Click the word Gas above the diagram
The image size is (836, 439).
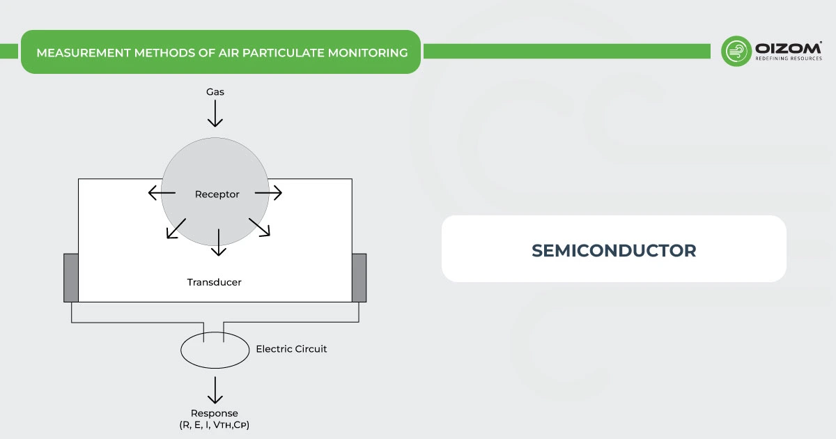pos(215,92)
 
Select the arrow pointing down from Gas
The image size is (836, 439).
pos(215,114)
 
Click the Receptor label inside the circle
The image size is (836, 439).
pos(217,194)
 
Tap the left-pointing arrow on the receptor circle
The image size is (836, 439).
pos(162,193)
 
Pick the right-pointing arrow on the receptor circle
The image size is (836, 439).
pos(269,193)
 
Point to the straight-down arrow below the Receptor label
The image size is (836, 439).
pos(219,242)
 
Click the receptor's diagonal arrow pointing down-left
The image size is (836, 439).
pos(176,229)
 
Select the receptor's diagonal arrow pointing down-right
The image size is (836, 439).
pos(259,227)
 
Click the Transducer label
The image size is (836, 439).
pos(214,282)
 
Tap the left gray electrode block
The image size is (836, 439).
pos(70,277)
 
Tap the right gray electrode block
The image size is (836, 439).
pos(359,277)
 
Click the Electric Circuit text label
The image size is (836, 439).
pos(291,348)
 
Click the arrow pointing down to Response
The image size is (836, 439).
pos(215,390)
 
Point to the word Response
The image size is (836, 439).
pos(215,413)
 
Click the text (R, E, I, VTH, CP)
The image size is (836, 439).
pos(215,425)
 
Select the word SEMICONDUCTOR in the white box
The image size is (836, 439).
pos(614,251)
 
